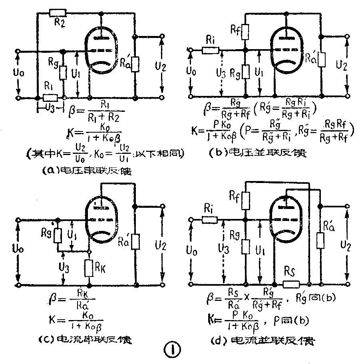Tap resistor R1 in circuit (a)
(51, 97)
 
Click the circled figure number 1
(172, 351)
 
